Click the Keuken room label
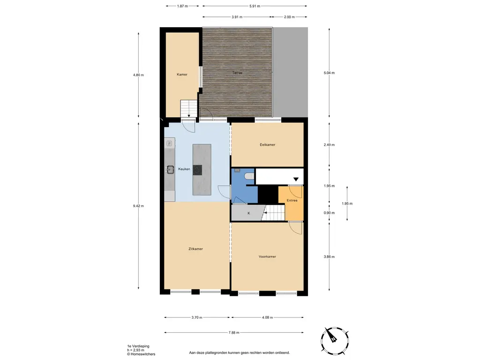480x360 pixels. [x=184, y=169]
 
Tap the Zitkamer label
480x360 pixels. [x=195, y=249]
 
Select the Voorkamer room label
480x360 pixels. [x=267, y=256]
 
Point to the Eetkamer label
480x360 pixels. [x=267, y=144]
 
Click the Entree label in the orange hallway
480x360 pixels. [x=292, y=201]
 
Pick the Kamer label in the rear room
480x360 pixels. [x=182, y=75]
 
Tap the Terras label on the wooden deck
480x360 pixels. [x=237, y=73]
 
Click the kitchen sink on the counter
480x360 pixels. [x=170, y=169]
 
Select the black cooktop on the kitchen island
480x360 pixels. [x=197, y=170]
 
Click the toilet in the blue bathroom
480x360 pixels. [x=250, y=176]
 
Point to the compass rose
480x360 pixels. [x=335, y=340]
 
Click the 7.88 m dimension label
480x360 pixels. [x=234, y=332]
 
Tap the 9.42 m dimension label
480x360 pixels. [x=138, y=206]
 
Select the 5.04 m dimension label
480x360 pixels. [x=329, y=73]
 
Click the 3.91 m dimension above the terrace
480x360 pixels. [x=237, y=17]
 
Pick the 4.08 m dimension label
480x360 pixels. [x=267, y=317]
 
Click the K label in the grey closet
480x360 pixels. [x=248, y=213]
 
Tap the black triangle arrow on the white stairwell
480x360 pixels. [x=296, y=180]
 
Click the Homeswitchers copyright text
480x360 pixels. [x=141, y=354]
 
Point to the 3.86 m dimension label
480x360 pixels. [x=329, y=256]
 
